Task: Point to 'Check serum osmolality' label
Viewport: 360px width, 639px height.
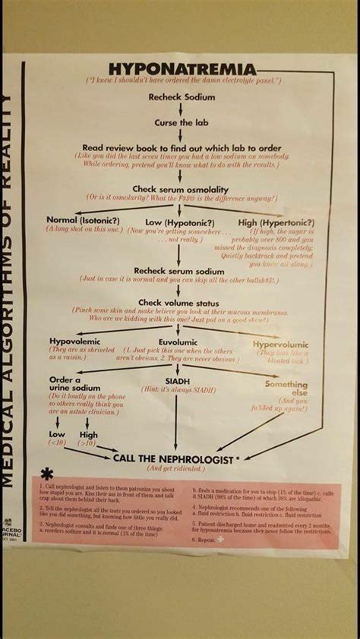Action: click(x=181, y=189)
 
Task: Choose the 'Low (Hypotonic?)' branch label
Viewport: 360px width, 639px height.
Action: click(x=179, y=222)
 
